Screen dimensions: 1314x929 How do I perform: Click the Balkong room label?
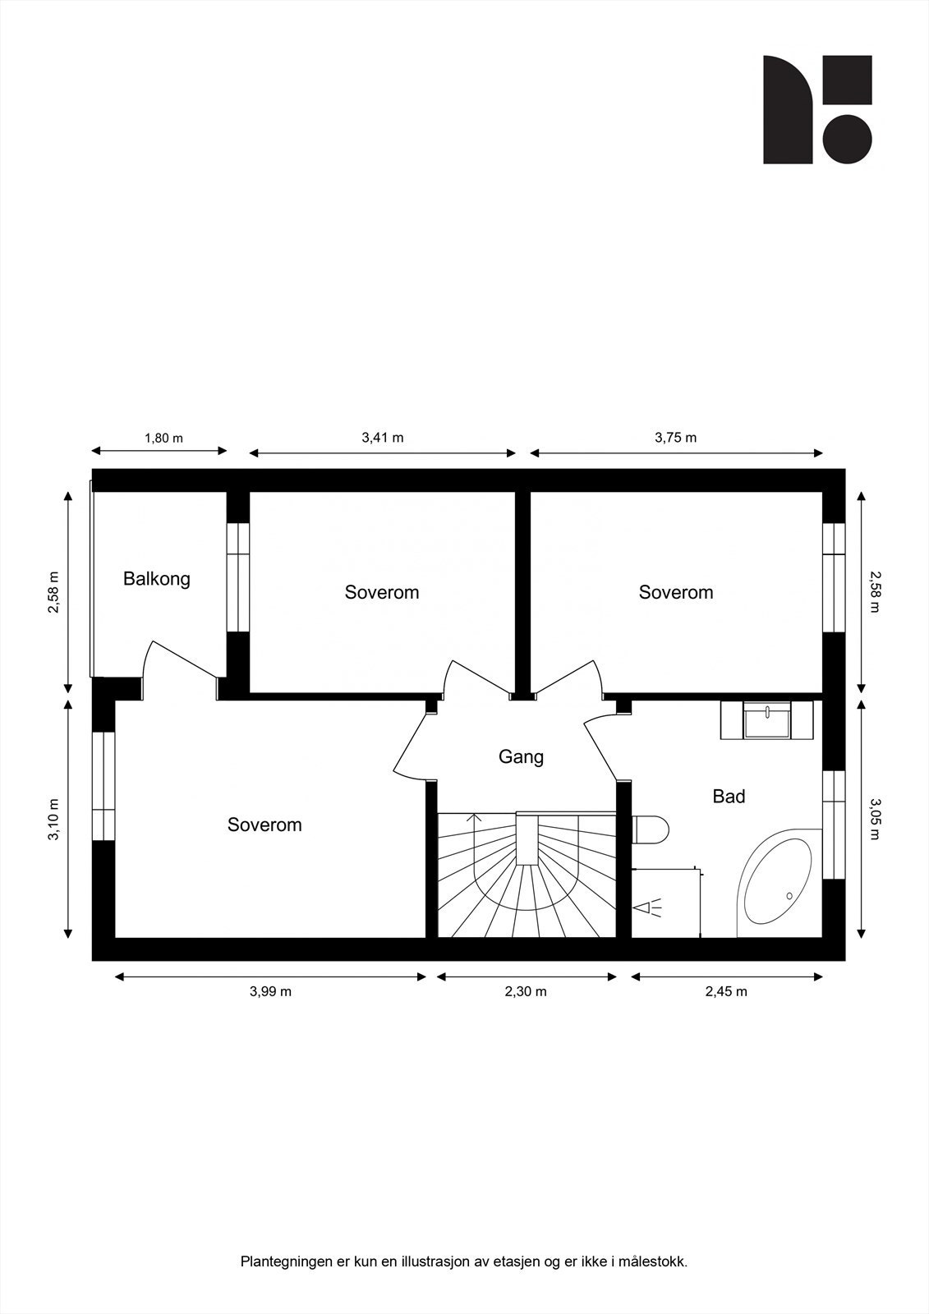point(156,579)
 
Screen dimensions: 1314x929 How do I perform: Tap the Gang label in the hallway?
point(521,756)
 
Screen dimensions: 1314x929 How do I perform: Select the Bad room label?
point(729,796)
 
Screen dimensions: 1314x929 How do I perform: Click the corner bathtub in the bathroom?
point(777,884)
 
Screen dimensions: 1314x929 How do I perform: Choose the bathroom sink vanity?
point(766,720)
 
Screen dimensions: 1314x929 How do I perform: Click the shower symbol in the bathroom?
point(648,907)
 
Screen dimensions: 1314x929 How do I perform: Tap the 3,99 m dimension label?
point(270,991)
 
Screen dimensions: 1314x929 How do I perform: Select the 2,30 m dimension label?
point(526,991)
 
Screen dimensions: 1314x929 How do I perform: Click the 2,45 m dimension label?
point(726,991)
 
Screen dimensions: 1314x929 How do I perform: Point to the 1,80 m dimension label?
point(163,438)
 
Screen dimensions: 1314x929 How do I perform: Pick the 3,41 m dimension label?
point(383,438)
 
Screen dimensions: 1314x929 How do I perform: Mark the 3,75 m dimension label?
point(675,438)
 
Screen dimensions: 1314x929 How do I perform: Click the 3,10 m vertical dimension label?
point(54,820)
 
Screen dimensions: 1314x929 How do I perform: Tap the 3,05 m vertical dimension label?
point(875,820)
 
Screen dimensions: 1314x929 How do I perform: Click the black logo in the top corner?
point(817,109)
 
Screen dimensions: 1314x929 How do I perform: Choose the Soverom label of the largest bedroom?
point(264,825)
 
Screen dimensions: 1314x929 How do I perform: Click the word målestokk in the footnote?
point(655,1261)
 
